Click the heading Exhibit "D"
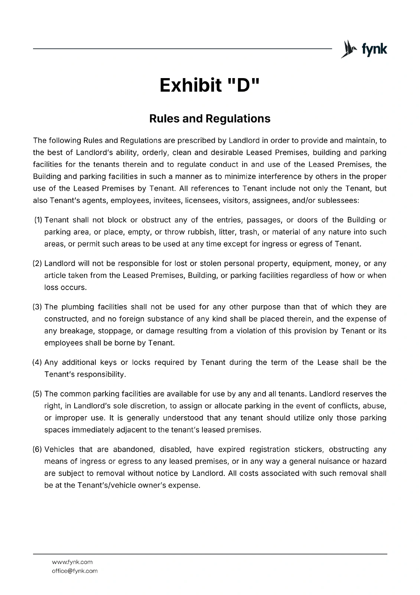point(210,85)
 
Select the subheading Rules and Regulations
point(210,119)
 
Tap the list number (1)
point(38,220)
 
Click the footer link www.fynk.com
point(72,562)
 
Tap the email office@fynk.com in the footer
point(75,571)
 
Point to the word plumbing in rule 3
point(78,307)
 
